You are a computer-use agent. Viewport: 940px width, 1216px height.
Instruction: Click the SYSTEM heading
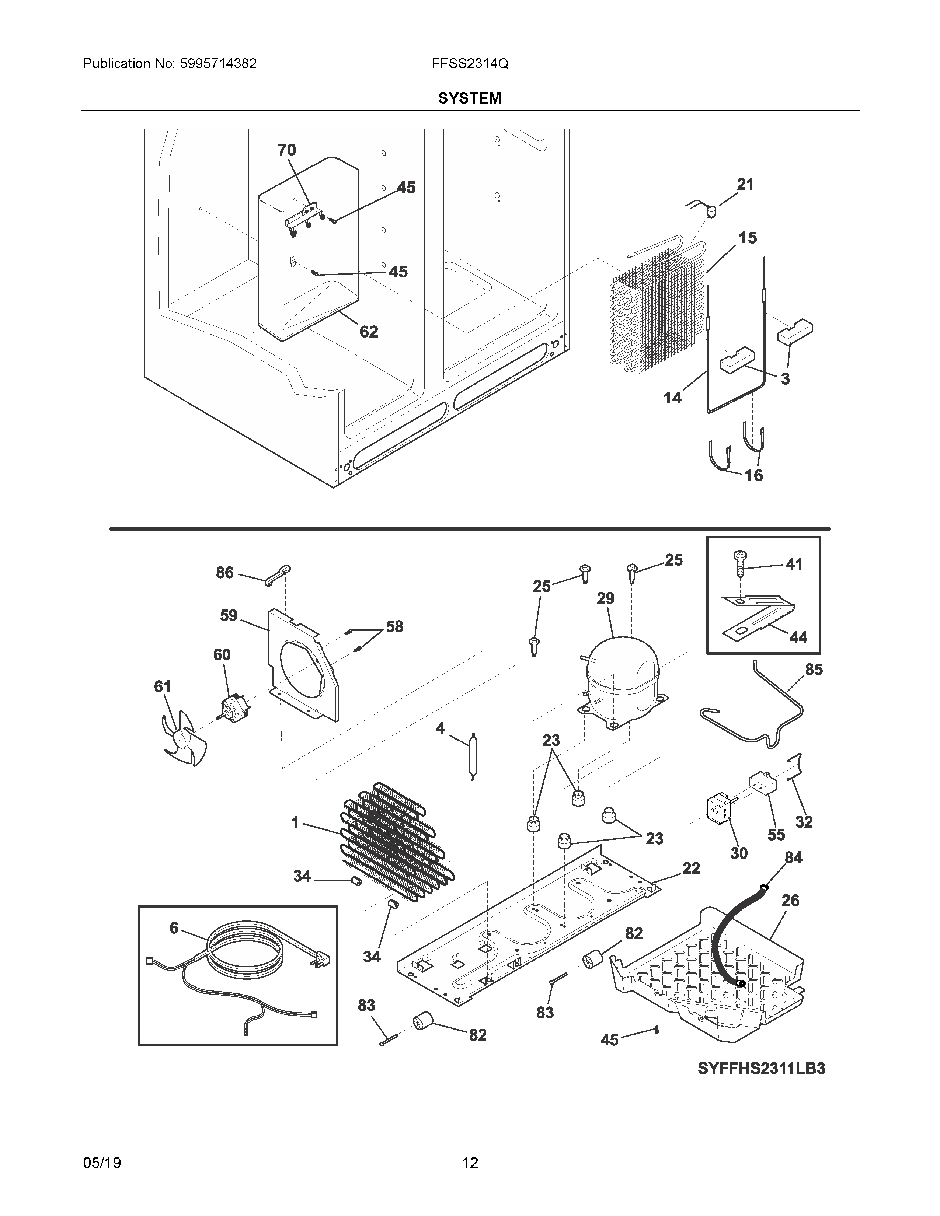pos(469,98)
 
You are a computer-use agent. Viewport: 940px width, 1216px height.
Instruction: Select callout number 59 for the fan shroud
pos(228,615)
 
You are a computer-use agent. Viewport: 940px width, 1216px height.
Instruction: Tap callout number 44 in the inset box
pos(798,637)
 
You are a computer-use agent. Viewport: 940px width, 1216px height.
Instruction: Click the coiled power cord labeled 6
pos(244,954)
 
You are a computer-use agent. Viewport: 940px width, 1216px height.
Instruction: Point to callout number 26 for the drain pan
pos(790,900)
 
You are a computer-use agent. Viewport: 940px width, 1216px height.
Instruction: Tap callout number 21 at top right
pos(745,184)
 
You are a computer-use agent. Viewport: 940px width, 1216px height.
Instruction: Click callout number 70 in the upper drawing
pos(287,150)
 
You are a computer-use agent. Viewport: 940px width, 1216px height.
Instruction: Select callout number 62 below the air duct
pos(369,332)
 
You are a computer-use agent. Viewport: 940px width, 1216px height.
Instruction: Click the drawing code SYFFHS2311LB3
pos(761,1069)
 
